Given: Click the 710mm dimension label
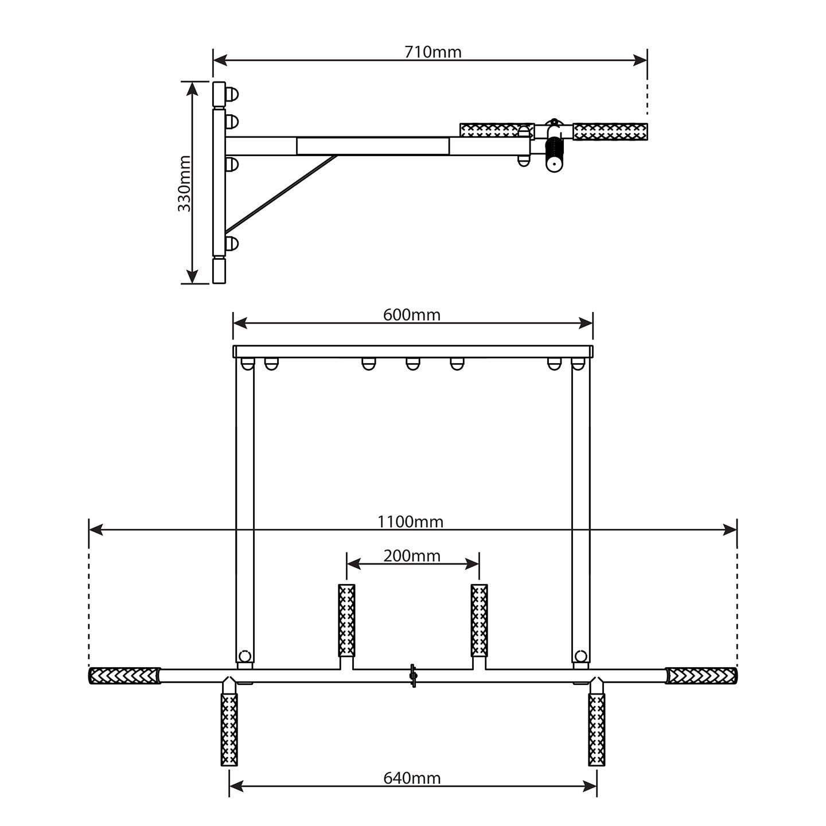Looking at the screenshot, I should (x=433, y=52).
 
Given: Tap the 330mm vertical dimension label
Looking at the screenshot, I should (x=184, y=184).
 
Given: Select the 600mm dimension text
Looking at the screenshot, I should (x=411, y=315).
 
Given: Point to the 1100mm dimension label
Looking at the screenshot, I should (x=410, y=521).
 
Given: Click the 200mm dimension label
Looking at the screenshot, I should (x=412, y=556).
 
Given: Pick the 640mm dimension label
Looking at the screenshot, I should (x=412, y=778).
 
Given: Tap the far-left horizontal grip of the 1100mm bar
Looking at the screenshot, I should (x=125, y=676).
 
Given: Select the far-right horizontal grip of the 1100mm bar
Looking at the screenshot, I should (x=701, y=676).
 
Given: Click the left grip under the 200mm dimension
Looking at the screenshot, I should (x=346, y=621).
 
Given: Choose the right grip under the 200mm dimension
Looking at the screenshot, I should (x=479, y=621).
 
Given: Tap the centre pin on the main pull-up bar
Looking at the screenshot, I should (x=412, y=675).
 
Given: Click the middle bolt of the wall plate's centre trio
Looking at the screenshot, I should (x=412, y=364).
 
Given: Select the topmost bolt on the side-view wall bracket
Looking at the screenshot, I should (x=232, y=94).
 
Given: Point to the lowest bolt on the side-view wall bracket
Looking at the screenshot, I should (x=232, y=244).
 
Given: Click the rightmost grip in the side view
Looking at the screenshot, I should (x=610, y=131).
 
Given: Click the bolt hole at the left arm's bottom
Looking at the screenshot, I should (x=245, y=656).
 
